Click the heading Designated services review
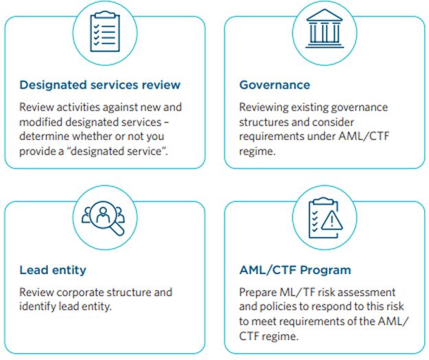[100, 85]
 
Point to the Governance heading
[275, 85]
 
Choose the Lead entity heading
[53, 270]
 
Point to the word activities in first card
[78, 107]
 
